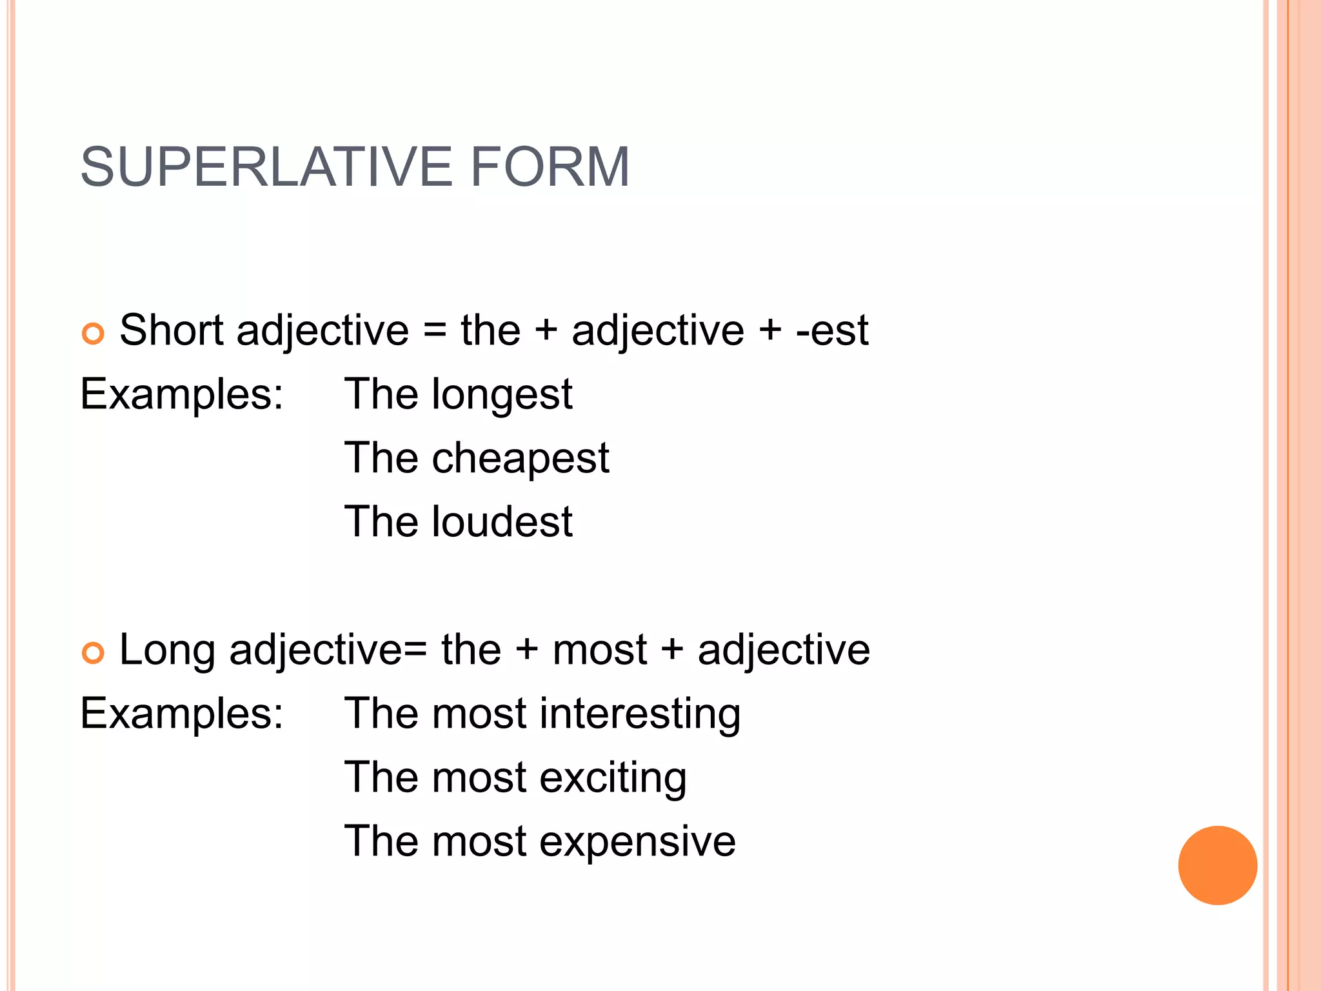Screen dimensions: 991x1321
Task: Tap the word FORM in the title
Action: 550,167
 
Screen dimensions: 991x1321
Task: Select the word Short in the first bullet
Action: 172,330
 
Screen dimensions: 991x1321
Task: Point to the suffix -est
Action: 832,330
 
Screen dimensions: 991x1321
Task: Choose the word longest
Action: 502,395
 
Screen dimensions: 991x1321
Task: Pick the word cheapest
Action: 520,459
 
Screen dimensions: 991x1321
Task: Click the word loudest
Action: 502,521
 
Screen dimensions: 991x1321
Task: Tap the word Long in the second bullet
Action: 167,650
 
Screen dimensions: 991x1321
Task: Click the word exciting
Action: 613,777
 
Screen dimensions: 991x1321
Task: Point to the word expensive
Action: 637,842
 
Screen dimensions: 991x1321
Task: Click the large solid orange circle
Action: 1217,865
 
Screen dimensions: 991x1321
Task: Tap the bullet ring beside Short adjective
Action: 94,334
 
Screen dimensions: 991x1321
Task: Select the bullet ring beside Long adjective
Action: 94,653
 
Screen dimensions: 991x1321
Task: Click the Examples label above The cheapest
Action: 181,394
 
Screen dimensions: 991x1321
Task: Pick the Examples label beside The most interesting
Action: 181,714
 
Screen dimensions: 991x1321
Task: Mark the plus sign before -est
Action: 770,331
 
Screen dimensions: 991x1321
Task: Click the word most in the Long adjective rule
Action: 600,650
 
